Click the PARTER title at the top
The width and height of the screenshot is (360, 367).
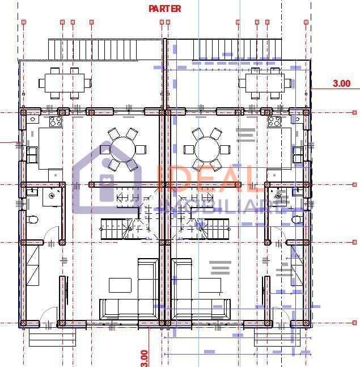165,9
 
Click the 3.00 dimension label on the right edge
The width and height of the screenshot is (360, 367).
341,83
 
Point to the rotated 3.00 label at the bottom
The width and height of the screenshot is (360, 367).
144,357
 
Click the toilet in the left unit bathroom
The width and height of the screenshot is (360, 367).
33,219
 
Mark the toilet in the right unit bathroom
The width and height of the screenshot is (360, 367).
297,219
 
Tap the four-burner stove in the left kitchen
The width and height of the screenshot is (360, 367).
56,121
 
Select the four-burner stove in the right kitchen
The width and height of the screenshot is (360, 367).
274,121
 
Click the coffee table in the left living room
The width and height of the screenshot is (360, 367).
120,285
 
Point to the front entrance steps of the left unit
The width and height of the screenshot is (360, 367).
52,338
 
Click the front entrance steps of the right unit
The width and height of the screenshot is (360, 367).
276,338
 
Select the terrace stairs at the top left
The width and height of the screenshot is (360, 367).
93,49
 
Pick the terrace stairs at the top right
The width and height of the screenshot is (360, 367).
237,49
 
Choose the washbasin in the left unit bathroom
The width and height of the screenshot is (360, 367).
52,196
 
